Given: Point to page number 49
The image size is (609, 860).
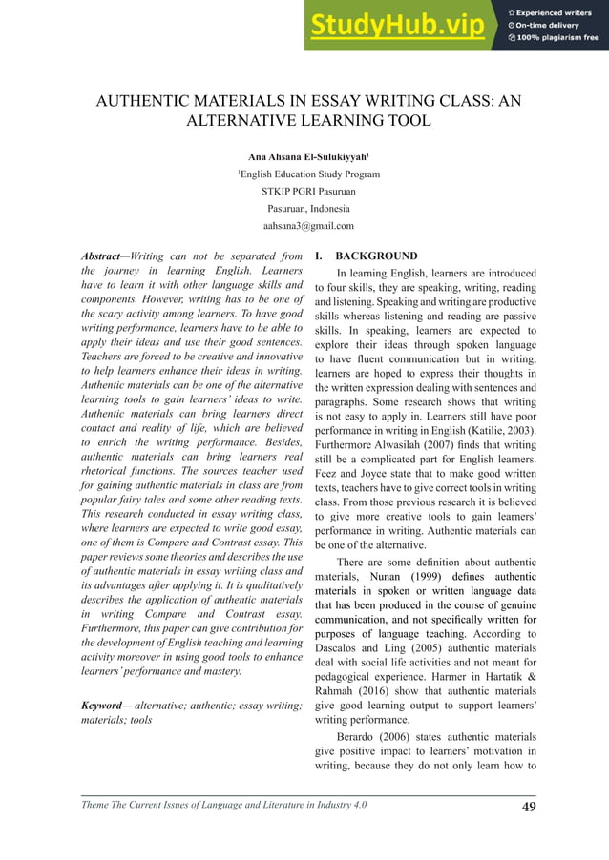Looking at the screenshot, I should click(x=524, y=809).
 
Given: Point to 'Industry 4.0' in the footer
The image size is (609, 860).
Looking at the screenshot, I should click(x=337, y=809).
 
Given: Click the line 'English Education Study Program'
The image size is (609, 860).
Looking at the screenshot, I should click(x=309, y=174).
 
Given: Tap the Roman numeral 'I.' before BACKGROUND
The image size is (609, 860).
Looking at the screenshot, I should click(x=321, y=256).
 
